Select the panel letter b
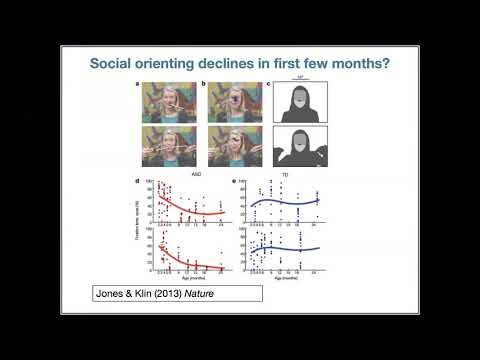[x=205, y=86]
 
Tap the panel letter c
[x=274, y=86]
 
